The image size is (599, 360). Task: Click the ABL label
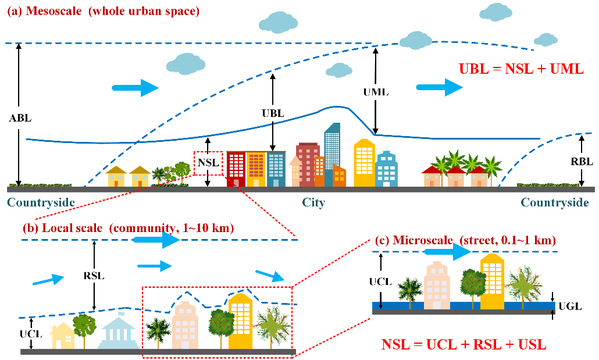(x=20, y=118)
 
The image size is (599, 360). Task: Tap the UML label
(x=376, y=92)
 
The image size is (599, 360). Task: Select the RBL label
(x=582, y=161)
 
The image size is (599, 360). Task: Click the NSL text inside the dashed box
(x=208, y=163)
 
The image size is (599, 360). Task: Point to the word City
(x=313, y=202)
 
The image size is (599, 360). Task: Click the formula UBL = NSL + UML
(x=521, y=69)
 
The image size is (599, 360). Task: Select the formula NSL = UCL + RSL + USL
(x=464, y=344)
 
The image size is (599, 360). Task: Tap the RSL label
(x=94, y=276)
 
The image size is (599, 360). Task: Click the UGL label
(x=570, y=306)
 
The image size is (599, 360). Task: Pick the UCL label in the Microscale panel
(x=380, y=282)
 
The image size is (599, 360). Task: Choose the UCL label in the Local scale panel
(x=31, y=334)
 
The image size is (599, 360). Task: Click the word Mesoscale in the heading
(x=53, y=11)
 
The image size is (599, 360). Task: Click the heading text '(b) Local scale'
(x=62, y=228)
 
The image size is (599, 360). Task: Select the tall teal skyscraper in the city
(x=332, y=154)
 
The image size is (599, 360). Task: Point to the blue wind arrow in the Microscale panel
(x=448, y=252)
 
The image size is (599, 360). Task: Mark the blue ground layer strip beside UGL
(x=463, y=305)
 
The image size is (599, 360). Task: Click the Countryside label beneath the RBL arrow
(x=555, y=202)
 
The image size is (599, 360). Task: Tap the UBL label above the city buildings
(x=273, y=114)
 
